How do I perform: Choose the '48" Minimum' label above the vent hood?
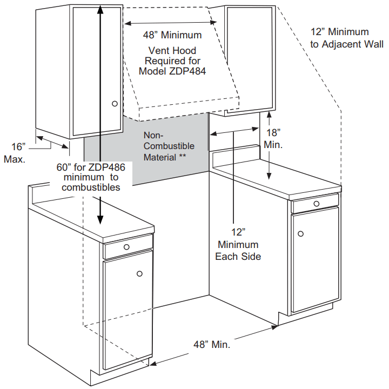[x=172, y=35]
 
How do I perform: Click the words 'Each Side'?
[x=238, y=256]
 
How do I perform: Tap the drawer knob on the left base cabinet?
[x=126, y=247]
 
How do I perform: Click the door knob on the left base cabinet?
[x=139, y=274]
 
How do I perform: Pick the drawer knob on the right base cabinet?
[x=316, y=203]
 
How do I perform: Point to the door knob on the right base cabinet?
[x=301, y=233]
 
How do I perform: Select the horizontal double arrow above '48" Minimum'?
[x=171, y=22]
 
